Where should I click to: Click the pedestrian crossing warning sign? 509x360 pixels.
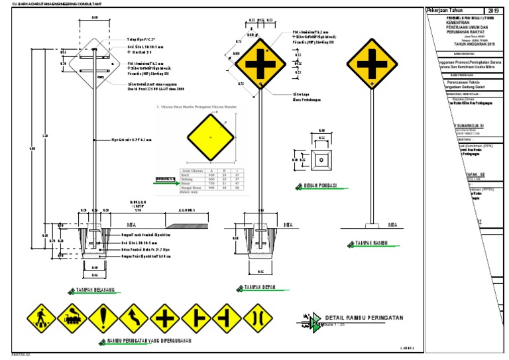click(40, 317)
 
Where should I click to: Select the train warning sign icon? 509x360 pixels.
click(72, 317)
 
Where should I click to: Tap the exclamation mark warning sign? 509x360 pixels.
click(103, 317)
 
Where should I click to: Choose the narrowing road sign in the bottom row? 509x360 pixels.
click(258, 317)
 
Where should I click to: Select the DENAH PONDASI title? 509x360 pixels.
click(320, 186)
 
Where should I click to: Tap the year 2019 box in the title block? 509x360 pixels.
click(495, 11)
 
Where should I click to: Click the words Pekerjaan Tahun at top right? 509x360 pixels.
click(446, 11)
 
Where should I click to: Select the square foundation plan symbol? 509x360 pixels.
click(321, 159)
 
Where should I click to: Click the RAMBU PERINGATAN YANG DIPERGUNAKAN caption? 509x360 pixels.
click(148, 341)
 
